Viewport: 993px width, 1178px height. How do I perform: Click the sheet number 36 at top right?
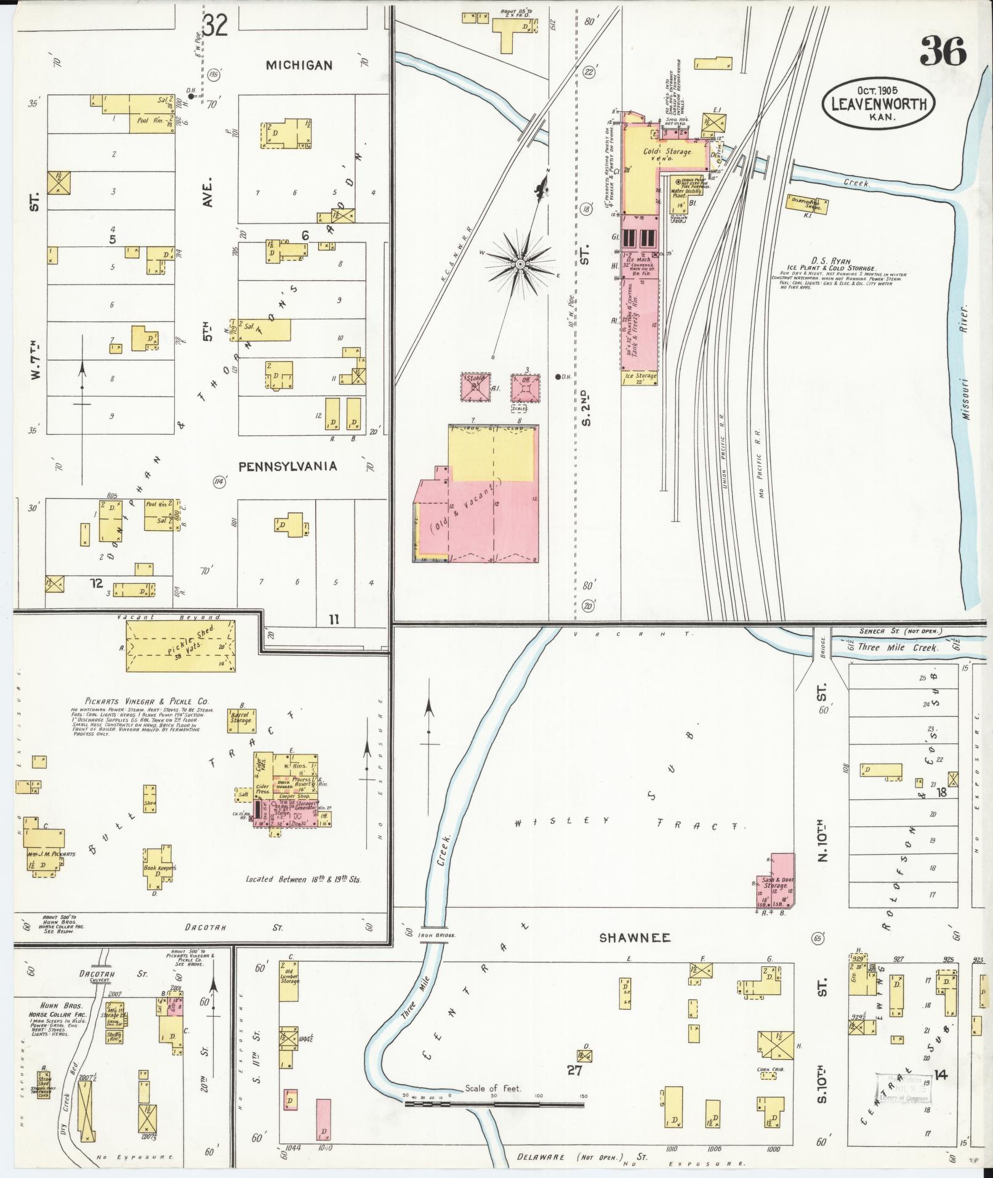[943, 50]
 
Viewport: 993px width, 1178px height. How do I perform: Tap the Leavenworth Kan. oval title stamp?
[878, 103]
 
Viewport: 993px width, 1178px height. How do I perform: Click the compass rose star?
[520, 264]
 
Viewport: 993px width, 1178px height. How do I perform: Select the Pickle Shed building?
[180, 646]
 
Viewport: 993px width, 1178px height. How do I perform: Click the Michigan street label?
[300, 65]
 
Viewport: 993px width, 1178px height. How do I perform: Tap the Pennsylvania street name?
[287, 466]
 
